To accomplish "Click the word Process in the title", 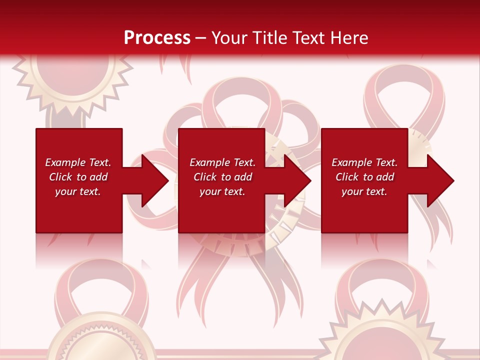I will click(157, 37).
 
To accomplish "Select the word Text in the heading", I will click(309, 37).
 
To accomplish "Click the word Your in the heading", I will click(229, 37).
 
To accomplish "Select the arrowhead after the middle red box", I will click(296, 180).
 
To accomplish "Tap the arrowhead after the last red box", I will click(439, 180).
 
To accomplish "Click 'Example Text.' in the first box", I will click(78, 162).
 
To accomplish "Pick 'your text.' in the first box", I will click(78, 191).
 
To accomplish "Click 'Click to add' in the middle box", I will click(222, 177).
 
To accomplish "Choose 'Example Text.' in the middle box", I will click(222, 162).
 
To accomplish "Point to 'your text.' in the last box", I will click(364, 191).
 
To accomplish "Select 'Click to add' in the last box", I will click(364, 177).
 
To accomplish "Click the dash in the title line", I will click(201, 37).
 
